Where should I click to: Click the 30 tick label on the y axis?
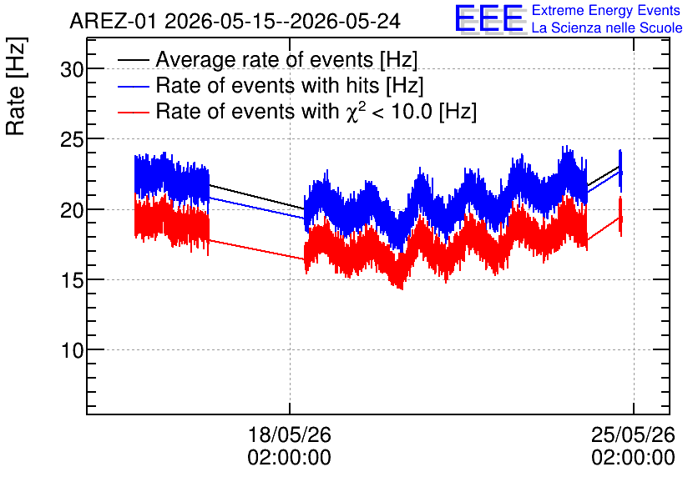(x=72, y=69)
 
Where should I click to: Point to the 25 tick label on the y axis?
(x=72, y=140)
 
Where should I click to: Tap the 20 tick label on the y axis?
(x=72, y=210)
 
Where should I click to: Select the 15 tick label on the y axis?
(x=72, y=280)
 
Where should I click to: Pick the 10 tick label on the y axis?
(x=72, y=351)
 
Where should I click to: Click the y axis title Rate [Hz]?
(x=16, y=86)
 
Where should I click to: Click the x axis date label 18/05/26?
(x=290, y=434)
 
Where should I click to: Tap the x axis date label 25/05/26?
(x=633, y=434)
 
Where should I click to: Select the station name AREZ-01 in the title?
(x=113, y=21)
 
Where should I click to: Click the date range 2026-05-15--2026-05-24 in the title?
(x=283, y=21)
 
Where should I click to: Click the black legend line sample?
(x=133, y=59)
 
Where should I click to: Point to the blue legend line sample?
(x=133, y=86)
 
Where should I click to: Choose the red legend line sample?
(x=133, y=113)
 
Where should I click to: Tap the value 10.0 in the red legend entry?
(x=412, y=111)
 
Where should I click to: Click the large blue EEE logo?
(x=489, y=18)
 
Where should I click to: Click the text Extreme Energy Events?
(x=606, y=10)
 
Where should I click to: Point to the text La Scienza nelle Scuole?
(x=607, y=28)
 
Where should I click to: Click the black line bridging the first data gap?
(x=257, y=197)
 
